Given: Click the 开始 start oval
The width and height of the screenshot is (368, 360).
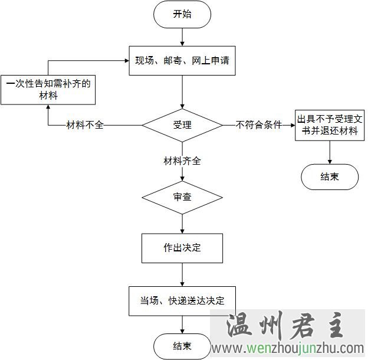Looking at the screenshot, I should (182, 15).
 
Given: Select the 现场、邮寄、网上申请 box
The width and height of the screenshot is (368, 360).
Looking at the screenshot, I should (182, 60).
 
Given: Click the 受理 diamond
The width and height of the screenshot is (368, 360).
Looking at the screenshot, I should (182, 125).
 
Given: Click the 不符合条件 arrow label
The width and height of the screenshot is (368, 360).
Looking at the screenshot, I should (258, 125).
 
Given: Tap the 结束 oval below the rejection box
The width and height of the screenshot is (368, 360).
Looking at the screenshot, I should (330, 176).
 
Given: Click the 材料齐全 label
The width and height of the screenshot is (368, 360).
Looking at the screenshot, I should (182, 160).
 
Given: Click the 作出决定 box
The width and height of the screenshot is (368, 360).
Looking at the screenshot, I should (182, 248).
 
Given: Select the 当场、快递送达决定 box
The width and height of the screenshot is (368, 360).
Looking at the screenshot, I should (182, 300).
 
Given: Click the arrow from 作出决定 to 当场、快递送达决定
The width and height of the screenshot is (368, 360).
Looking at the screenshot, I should (182, 274).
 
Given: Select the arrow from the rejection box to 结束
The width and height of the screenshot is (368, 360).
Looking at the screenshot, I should (329, 152).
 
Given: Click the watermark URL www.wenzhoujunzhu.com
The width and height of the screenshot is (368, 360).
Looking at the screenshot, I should (288, 348).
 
